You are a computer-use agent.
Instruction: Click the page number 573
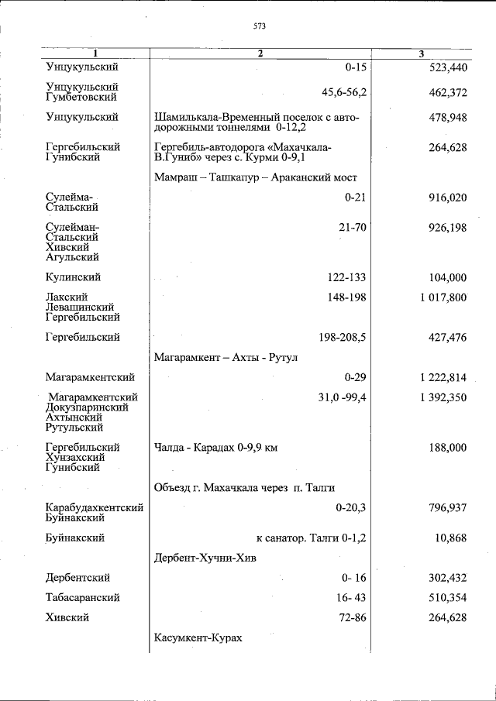(x=259, y=26)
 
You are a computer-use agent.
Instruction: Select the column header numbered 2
(x=260, y=53)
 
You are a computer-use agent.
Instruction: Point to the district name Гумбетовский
(x=81, y=98)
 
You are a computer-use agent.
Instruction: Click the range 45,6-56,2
(x=345, y=92)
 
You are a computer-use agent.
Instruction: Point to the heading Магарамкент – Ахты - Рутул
(x=226, y=357)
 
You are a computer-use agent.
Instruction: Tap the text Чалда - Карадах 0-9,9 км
(x=215, y=448)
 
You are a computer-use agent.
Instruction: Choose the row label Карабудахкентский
(x=95, y=508)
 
